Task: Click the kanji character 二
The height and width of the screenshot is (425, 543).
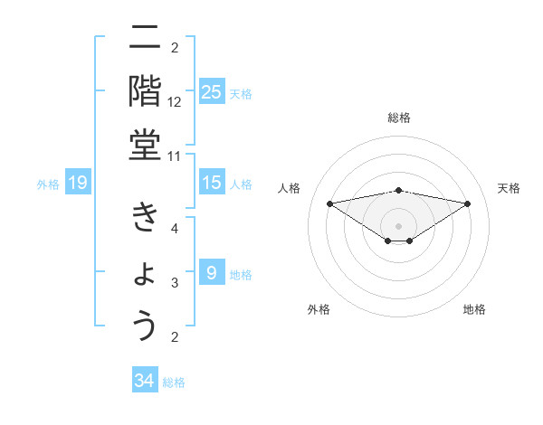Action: click(x=145, y=38)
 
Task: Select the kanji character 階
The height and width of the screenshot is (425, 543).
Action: click(x=145, y=90)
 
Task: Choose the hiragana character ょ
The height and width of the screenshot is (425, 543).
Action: click(x=146, y=273)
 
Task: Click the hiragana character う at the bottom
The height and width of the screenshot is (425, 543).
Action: click(x=145, y=325)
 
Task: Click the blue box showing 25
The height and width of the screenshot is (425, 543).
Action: click(x=212, y=92)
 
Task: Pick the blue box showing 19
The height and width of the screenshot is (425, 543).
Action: click(x=77, y=184)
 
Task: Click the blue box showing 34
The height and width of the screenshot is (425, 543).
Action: click(x=144, y=381)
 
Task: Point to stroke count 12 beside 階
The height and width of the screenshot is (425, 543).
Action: click(x=175, y=102)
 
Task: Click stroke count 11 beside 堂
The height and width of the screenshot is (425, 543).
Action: click(x=175, y=156)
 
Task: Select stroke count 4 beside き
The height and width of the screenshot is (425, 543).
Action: click(x=175, y=229)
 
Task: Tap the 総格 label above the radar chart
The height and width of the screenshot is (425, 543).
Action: click(x=399, y=118)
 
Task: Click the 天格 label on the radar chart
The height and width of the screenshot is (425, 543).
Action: click(x=509, y=188)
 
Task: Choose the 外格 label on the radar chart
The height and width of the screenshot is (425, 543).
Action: click(x=318, y=309)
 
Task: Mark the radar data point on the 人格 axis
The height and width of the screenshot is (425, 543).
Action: click(x=329, y=203)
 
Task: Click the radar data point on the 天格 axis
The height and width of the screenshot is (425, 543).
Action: click(x=468, y=203)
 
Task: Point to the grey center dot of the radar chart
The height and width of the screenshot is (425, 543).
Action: click(x=398, y=226)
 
